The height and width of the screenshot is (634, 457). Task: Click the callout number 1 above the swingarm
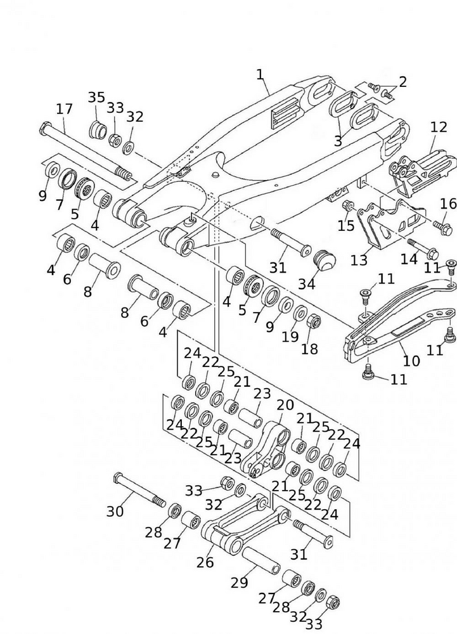click(260, 74)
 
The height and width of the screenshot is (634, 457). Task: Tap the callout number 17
click(64, 108)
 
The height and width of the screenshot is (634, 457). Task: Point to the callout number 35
click(96, 97)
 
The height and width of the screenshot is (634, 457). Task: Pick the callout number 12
click(439, 127)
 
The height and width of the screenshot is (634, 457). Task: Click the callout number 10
click(411, 361)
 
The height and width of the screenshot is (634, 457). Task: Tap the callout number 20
click(285, 404)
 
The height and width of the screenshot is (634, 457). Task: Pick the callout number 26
click(205, 561)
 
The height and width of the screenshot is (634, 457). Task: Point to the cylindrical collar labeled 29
click(260, 559)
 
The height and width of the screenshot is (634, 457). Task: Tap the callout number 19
click(290, 337)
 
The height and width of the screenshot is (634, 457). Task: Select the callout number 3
click(338, 141)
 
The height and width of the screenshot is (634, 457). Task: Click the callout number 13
click(359, 260)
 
